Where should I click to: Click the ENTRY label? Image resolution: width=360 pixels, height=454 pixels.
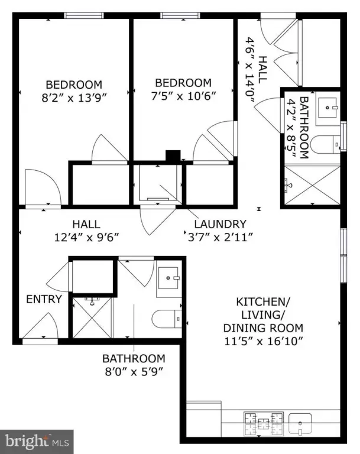click(44, 299)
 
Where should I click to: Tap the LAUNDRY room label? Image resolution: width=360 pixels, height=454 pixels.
click(220, 224)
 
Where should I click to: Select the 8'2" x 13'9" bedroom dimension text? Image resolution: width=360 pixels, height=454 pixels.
click(74, 98)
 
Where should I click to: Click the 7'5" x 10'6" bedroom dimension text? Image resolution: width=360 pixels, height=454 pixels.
click(183, 96)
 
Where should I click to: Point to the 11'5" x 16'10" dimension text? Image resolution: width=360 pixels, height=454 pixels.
click(264, 341)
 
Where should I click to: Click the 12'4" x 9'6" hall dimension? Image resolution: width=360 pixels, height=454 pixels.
click(86, 238)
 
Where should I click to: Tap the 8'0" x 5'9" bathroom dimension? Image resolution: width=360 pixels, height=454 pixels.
click(134, 371)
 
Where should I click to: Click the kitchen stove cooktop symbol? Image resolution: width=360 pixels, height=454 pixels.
click(264, 424)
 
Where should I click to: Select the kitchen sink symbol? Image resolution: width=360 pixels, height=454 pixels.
click(301, 424)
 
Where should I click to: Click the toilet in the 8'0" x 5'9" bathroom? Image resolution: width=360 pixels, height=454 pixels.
click(167, 319)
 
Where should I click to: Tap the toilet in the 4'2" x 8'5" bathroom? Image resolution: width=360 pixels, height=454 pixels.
click(325, 144)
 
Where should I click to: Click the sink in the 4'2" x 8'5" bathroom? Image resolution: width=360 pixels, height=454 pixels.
click(327, 108)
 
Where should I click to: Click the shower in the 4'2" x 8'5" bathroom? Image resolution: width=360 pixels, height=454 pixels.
click(312, 184)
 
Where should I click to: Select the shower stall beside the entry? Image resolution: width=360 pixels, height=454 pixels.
click(92, 317)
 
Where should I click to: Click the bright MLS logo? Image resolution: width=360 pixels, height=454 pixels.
click(37, 442)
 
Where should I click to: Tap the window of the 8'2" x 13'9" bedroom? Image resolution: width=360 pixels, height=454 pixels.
click(84, 15)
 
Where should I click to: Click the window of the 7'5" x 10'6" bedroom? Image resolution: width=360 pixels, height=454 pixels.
click(180, 15)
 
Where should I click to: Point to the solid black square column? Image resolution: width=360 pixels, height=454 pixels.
click(173, 156)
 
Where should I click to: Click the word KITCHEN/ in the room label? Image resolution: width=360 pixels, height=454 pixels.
click(263, 301)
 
